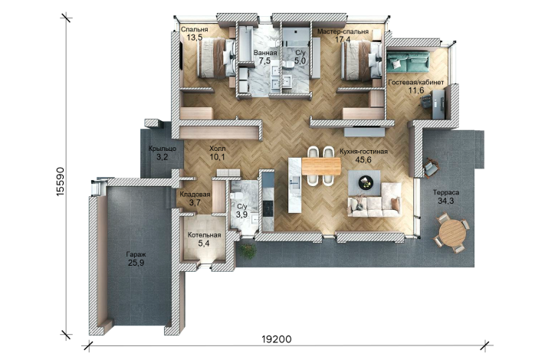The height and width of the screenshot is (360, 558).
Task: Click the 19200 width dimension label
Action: (277, 339)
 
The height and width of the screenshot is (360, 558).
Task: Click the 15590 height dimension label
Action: (61, 182)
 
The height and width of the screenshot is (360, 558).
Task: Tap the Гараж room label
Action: (136, 254)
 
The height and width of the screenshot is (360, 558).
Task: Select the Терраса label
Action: (446, 192)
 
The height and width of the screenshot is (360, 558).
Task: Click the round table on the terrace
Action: (452, 233)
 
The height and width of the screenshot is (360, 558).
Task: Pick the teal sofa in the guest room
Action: (408, 61)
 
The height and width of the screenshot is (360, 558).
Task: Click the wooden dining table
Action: (321, 166)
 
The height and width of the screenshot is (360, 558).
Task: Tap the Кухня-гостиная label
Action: (363, 152)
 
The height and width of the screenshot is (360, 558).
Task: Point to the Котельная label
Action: (204, 235)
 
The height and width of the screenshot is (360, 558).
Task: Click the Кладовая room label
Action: (195, 195)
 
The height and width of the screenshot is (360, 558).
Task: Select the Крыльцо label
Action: (162, 149)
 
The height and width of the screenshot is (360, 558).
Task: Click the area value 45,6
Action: (363, 160)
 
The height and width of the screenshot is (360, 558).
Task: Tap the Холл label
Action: (217, 149)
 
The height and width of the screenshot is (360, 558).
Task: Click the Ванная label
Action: (265, 53)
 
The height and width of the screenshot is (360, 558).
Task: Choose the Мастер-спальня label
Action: (343, 31)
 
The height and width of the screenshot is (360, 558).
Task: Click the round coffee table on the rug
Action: (366, 182)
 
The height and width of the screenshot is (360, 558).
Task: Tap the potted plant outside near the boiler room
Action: (248, 250)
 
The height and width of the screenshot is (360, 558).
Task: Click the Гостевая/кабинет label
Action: (416, 82)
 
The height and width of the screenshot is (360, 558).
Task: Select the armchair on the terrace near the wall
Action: (431, 167)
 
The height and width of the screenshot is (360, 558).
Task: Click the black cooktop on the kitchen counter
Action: (268, 208)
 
